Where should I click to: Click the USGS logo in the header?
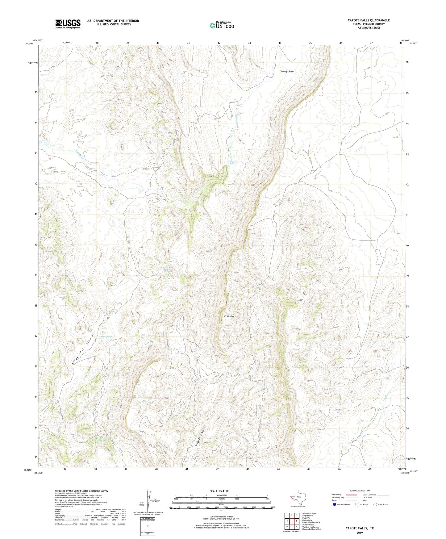(x=68, y=24)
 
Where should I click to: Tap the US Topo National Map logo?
(x=222, y=25)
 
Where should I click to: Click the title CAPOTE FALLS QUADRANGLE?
(x=369, y=20)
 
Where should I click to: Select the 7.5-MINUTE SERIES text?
(x=369, y=28)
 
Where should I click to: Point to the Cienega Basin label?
(x=287, y=72)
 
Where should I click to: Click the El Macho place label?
(x=229, y=316)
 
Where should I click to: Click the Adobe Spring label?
(x=105, y=337)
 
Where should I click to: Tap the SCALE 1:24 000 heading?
(x=219, y=491)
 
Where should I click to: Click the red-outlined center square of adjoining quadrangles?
(x=292, y=521)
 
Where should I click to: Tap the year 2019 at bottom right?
(x=360, y=533)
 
